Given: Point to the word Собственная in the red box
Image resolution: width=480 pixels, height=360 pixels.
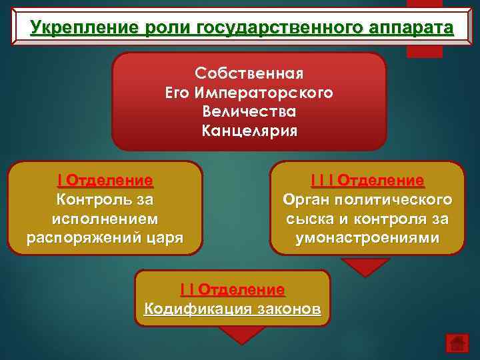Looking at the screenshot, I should click(x=249, y=71).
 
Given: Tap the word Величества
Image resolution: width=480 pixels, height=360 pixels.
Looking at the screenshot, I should click(x=249, y=109).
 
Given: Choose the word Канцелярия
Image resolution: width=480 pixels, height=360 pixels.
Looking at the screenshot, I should click(x=249, y=129).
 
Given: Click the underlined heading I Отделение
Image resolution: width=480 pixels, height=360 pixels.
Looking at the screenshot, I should click(x=105, y=181).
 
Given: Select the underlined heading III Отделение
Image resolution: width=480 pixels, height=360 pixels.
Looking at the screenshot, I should click(x=367, y=181).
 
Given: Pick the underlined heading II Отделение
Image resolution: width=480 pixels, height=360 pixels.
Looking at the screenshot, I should click(x=232, y=290).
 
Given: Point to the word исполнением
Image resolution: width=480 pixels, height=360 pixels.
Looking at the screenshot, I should click(x=105, y=219).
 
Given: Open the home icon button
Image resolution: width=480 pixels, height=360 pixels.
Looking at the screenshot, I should click(x=457, y=342).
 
